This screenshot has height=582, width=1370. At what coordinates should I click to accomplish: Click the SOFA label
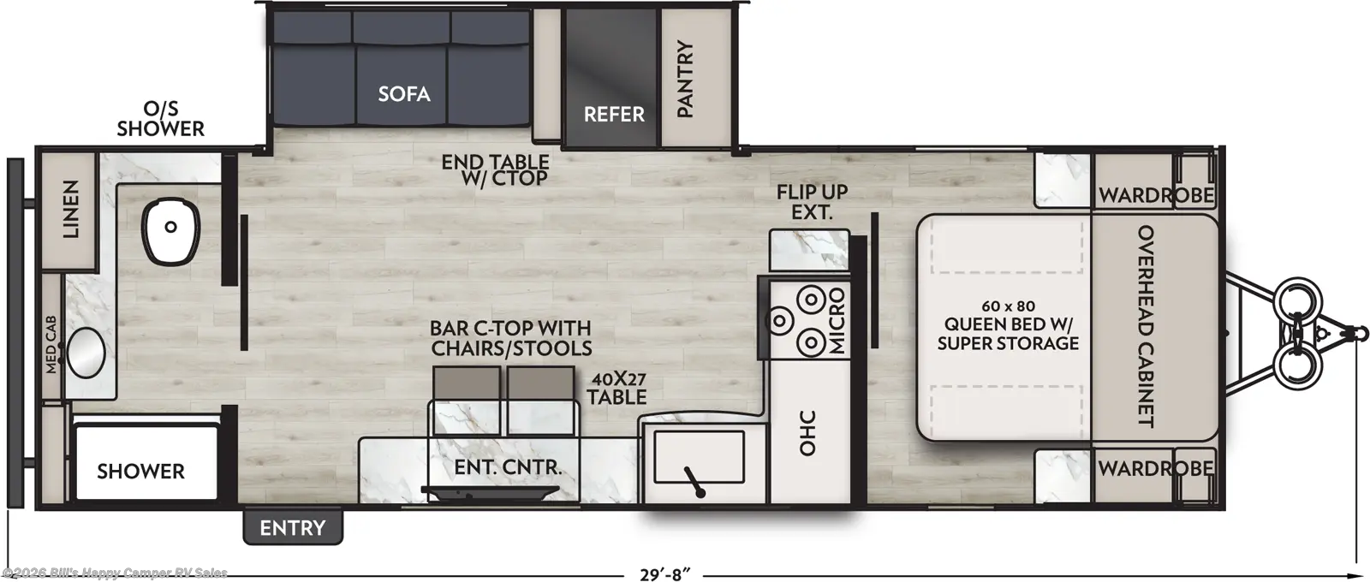point(403,94)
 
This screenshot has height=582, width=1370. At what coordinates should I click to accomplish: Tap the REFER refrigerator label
point(614,115)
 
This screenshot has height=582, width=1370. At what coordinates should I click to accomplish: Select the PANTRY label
point(686,79)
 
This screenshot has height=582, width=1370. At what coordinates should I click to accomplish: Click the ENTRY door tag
point(292,527)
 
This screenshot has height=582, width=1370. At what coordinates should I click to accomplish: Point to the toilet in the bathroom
point(171,231)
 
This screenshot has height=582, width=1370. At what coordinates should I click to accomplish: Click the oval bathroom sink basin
point(86,353)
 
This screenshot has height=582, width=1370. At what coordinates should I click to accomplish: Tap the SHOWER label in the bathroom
point(140,472)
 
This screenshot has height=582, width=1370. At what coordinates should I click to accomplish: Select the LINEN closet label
point(71,209)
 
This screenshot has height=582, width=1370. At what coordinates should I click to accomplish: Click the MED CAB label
point(51,344)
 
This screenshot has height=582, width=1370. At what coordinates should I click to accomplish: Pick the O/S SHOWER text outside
point(161,119)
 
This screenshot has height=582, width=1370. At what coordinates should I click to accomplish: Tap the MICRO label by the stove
point(837,321)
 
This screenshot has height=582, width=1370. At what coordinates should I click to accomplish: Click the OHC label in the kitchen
point(808,433)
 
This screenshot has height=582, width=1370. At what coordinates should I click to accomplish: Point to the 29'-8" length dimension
point(665,574)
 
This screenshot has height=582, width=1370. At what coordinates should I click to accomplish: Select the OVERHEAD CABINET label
point(1145,326)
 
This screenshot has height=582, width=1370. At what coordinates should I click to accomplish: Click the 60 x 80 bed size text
point(1008,306)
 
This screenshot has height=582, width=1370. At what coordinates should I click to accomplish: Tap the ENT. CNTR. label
point(508,467)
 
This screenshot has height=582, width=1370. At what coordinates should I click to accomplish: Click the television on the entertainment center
point(490,492)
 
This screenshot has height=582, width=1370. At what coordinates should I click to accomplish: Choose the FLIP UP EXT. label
point(813,202)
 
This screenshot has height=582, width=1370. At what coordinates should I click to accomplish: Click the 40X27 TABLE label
point(616,388)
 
